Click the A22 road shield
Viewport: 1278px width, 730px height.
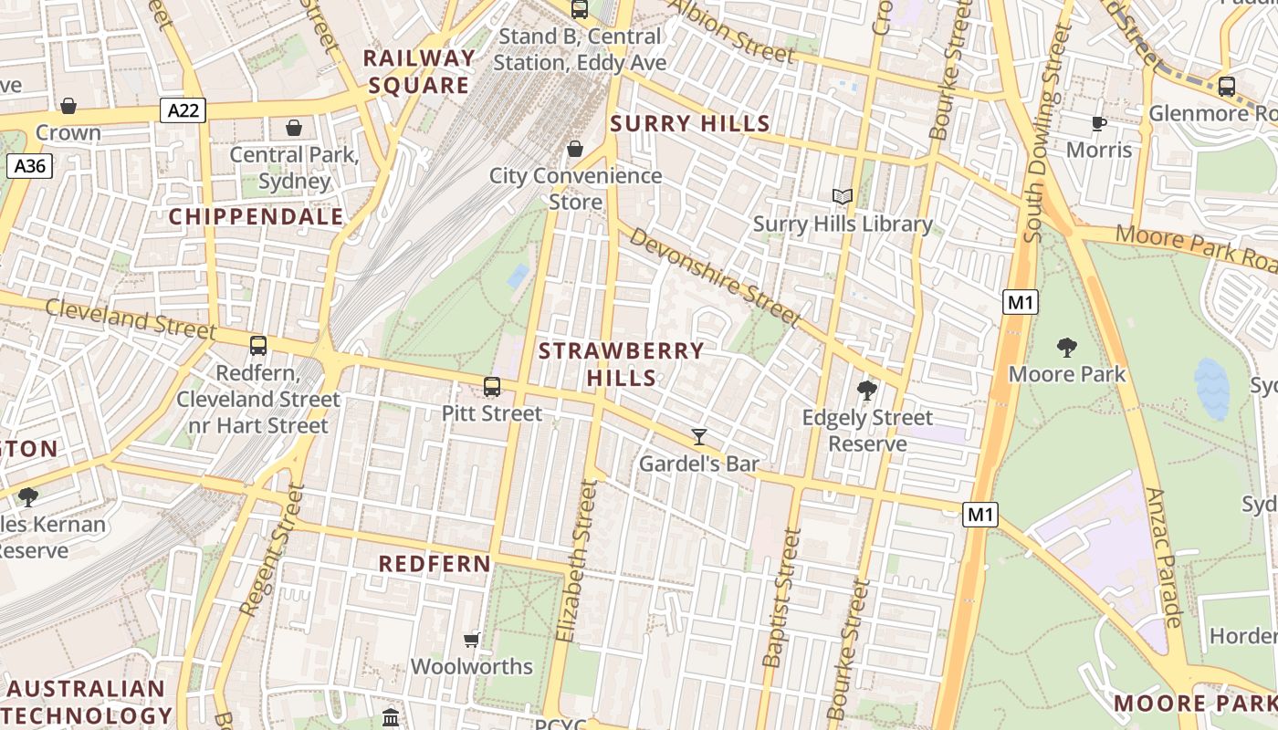point(183,111)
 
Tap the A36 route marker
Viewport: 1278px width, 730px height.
point(29,166)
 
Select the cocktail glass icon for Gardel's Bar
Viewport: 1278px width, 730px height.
point(699,437)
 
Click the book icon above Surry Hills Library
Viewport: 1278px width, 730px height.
point(843,196)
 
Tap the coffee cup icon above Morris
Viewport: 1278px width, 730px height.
point(1099,123)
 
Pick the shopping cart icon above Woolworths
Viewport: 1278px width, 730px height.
point(472,640)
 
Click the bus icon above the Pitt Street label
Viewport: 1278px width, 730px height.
point(492,387)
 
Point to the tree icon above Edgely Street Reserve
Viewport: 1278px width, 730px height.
point(867,391)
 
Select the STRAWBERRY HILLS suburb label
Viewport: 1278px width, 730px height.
point(621,364)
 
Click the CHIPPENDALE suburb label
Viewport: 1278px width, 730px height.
point(257,217)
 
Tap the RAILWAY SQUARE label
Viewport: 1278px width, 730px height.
point(419,72)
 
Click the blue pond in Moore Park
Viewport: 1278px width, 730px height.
point(1211,388)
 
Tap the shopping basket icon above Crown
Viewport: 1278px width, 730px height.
point(68,106)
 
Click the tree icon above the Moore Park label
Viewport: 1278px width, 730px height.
point(1066,348)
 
